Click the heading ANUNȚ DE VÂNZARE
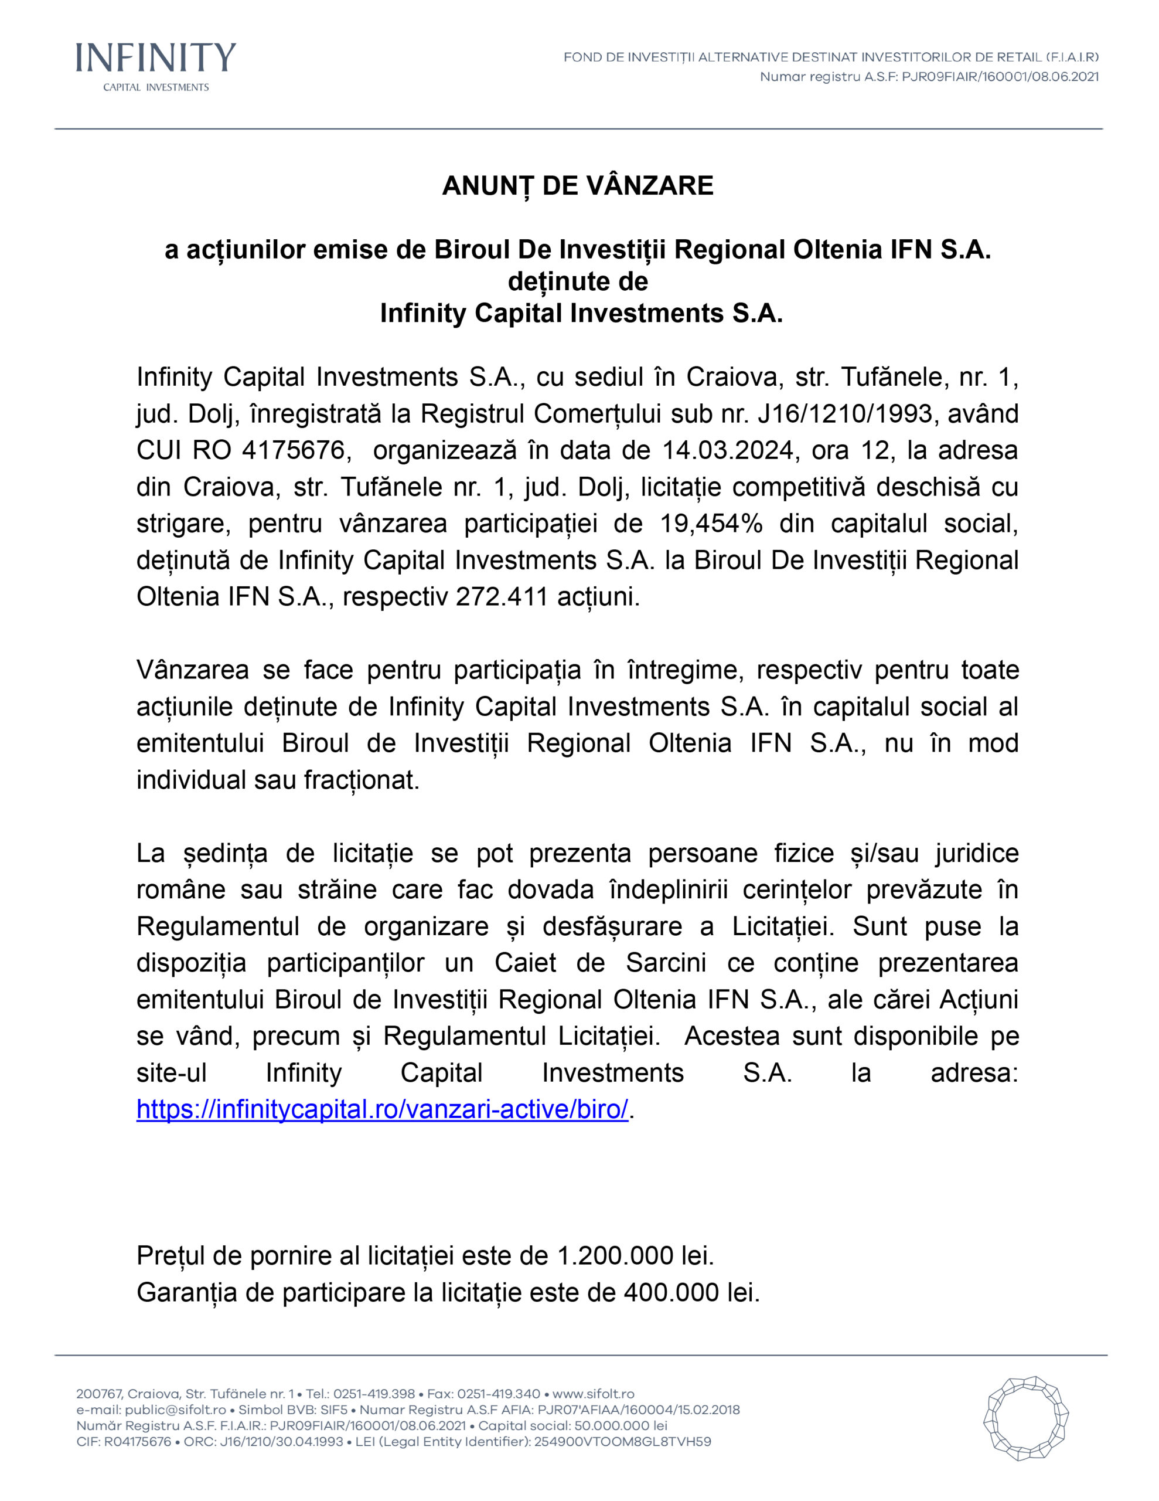pos(578,185)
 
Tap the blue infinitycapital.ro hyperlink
pos(382,1109)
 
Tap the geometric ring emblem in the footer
pos(1026,1418)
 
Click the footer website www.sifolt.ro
pos(593,1394)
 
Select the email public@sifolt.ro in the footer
pos(175,1410)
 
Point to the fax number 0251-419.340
pos(499,1394)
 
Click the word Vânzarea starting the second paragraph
pos(192,670)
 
